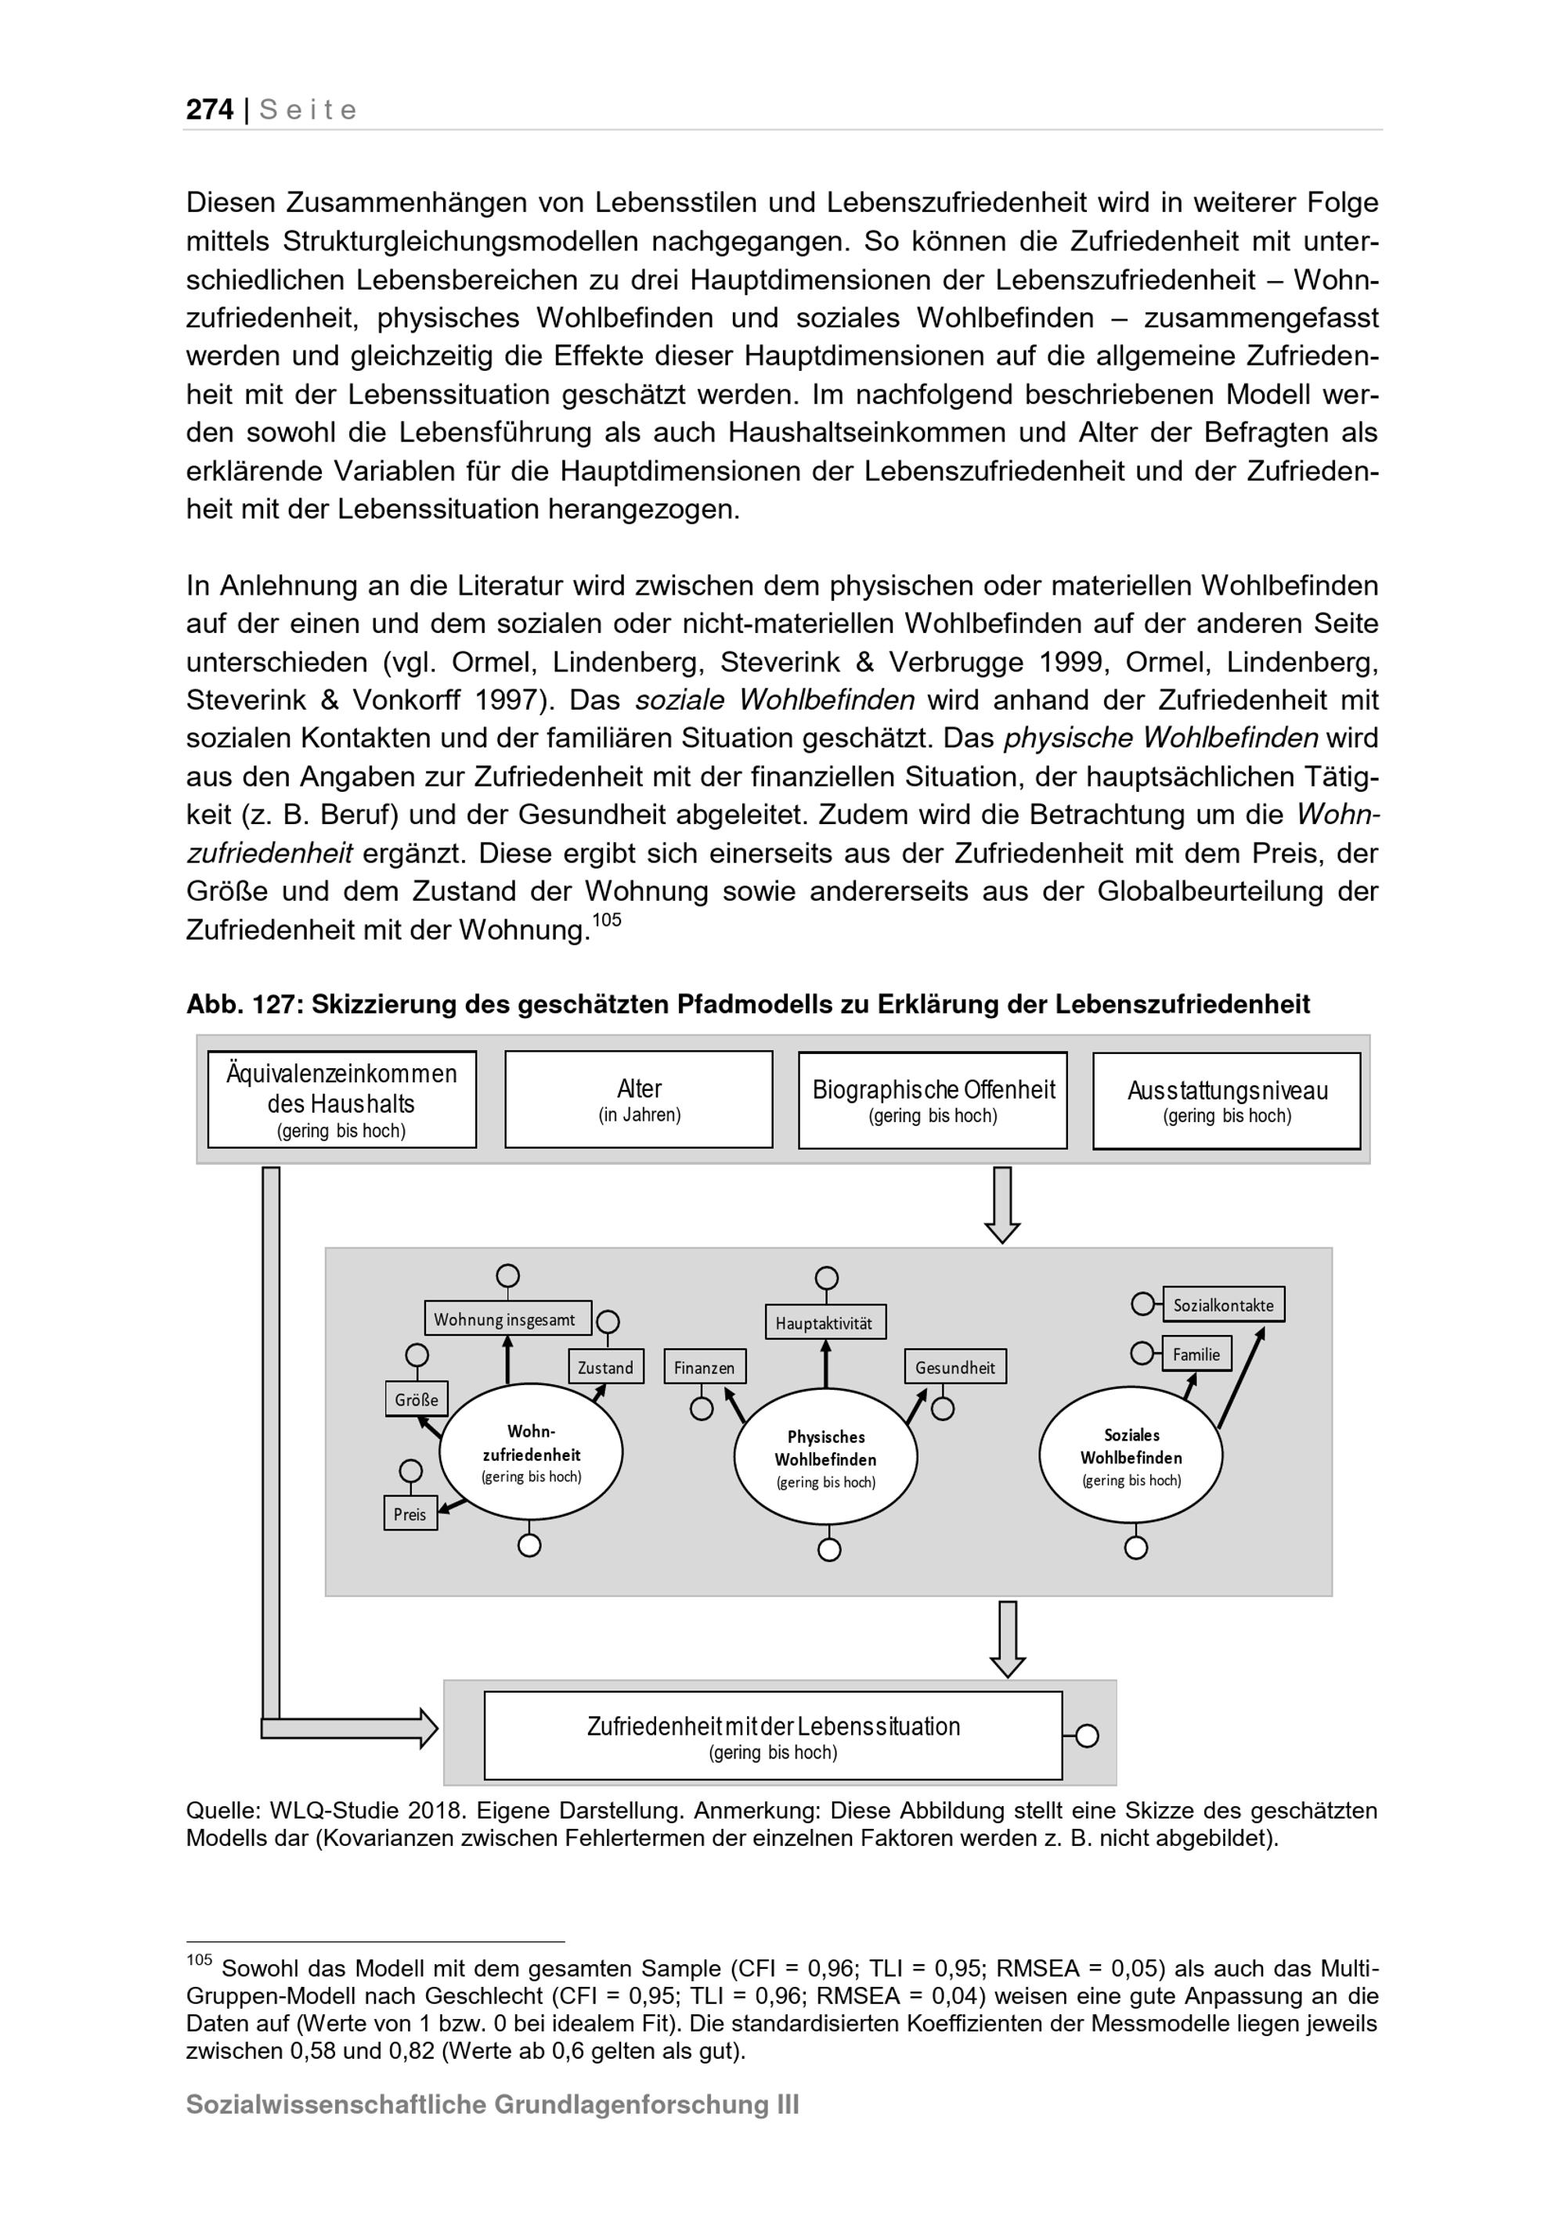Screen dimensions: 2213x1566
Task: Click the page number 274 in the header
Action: (x=209, y=110)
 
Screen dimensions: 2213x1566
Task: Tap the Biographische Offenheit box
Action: (x=933, y=1099)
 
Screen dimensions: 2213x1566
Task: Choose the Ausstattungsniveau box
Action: (x=1227, y=1101)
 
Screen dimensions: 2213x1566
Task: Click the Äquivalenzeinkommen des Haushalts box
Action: (x=341, y=1099)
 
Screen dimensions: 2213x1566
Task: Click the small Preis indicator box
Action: (x=410, y=1513)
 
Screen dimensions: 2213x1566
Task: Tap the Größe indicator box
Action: (x=417, y=1399)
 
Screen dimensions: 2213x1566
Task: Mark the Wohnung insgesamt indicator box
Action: (x=507, y=1319)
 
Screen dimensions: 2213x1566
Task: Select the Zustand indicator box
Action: (x=605, y=1367)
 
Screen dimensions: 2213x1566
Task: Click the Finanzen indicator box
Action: (x=704, y=1367)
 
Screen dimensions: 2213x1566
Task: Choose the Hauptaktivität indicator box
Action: (x=825, y=1322)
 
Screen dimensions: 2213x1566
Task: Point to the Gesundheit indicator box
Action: (x=954, y=1367)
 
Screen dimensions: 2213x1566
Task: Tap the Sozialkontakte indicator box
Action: (x=1223, y=1305)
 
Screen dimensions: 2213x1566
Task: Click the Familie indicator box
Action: (x=1196, y=1353)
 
